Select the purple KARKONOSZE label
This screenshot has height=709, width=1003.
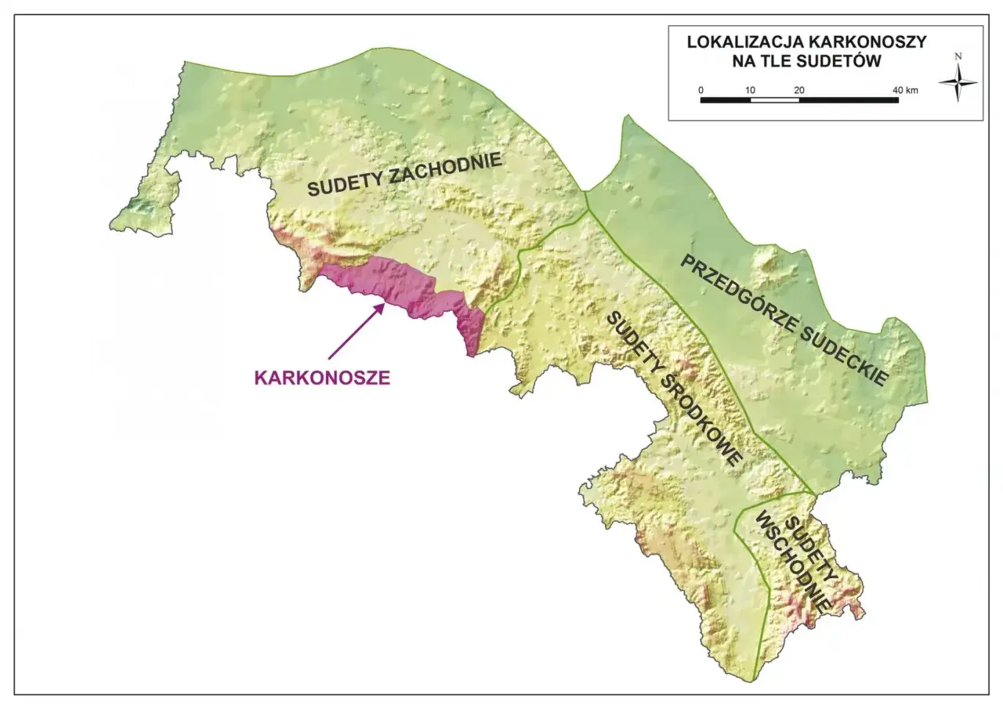(x=322, y=377)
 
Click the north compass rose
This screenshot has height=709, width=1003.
(x=958, y=83)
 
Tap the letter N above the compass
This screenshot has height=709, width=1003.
(x=958, y=56)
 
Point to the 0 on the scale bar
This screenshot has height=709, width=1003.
(x=701, y=90)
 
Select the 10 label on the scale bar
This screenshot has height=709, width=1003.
(x=750, y=90)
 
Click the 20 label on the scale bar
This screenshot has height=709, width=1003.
(x=798, y=90)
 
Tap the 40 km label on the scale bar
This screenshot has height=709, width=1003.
(x=904, y=90)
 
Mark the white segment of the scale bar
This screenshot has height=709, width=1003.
(x=774, y=100)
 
